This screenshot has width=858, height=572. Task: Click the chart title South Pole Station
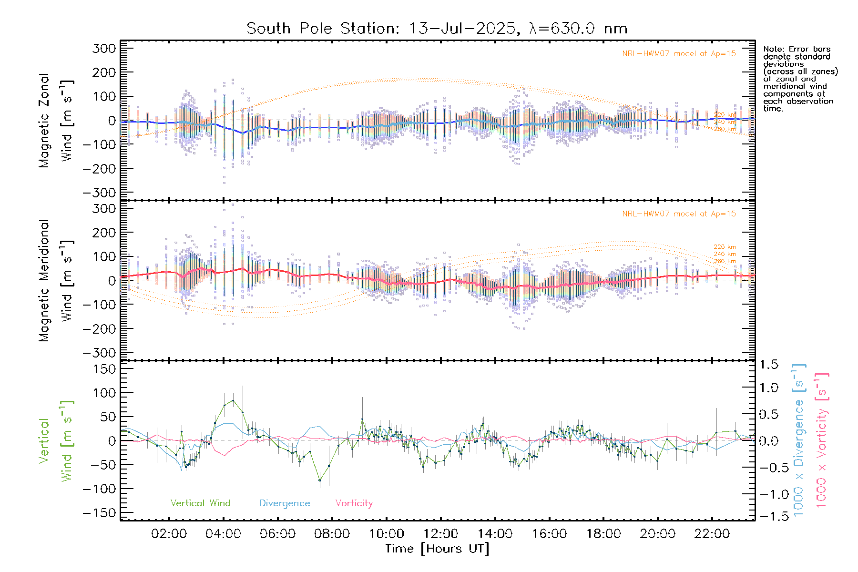[437, 29]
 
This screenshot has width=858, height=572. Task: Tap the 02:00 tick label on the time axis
[169, 534]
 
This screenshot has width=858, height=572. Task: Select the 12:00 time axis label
[440, 534]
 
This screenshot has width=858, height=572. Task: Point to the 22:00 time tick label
[712, 534]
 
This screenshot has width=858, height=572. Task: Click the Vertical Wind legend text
[200, 503]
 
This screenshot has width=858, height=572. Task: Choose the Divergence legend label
[285, 503]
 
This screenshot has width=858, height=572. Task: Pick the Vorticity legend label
[354, 503]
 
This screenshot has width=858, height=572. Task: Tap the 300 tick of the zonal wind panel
[104, 49]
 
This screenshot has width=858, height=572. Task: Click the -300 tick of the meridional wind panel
[99, 353]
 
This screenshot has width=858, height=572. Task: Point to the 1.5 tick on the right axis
[769, 365]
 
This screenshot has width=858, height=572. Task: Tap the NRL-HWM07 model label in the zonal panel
[679, 54]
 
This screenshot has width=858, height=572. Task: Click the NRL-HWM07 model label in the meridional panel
[679, 214]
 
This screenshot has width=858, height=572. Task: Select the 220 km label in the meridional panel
[725, 247]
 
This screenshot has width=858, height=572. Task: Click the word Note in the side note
[772, 49]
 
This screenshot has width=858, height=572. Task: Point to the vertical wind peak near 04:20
[233, 400]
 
